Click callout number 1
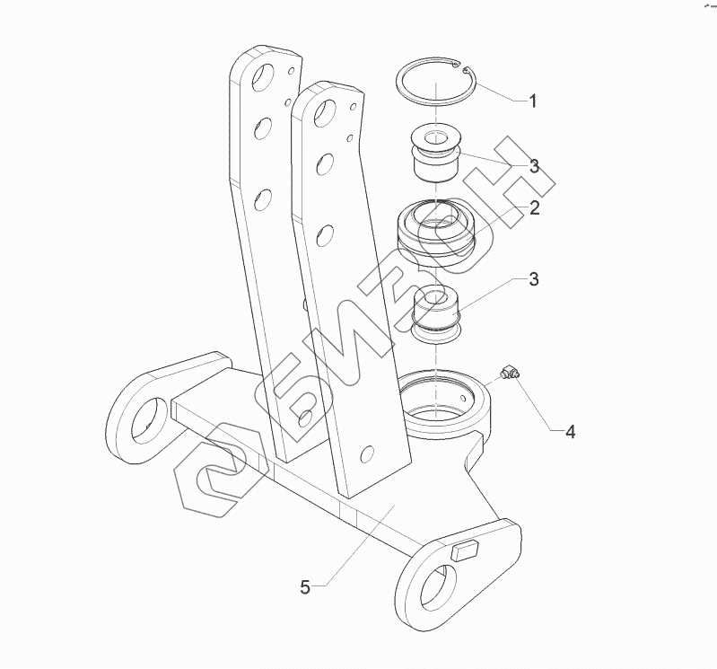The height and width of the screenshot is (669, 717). tap(533, 101)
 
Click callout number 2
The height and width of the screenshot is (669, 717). tap(535, 207)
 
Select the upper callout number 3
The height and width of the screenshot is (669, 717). tap(535, 166)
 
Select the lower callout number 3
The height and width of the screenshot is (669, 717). tap(534, 278)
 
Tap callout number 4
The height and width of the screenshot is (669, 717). tap(570, 432)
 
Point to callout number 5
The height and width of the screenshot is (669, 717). tap(305, 586)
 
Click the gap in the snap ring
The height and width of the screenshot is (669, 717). tap(460, 67)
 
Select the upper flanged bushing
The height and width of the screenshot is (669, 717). tap(435, 154)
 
